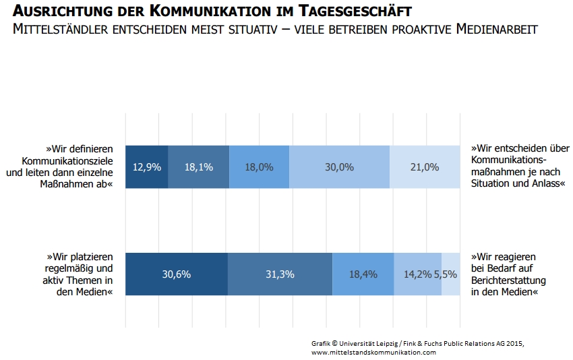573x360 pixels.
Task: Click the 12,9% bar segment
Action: (x=146, y=167)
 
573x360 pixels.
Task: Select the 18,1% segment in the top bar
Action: (x=199, y=167)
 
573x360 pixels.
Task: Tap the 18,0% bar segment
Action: (x=260, y=167)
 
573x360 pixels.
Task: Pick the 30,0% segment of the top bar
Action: (x=340, y=167)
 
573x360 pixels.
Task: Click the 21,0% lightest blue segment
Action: (x=425, y=167)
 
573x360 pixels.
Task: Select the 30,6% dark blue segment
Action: (x=177, y=274)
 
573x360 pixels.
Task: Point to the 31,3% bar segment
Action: (x=280, y=274)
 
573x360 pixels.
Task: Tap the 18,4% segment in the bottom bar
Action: (x=363, y=274)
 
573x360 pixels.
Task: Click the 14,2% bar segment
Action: (x=418, y=274)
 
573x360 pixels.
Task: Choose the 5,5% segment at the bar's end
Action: (x=451, y=274)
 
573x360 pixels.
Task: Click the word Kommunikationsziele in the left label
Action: (x=67, y=161)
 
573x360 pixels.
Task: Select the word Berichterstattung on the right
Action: (x=508, y=280)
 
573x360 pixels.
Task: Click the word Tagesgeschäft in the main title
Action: (x=355, y=11)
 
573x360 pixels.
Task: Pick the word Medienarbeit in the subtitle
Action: (x=497, y=29)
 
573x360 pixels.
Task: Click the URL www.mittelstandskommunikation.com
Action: (x=373, y=353)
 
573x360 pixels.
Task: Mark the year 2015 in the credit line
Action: (x=515, y=344)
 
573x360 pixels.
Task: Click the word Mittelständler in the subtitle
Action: (x=60, y=29)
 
